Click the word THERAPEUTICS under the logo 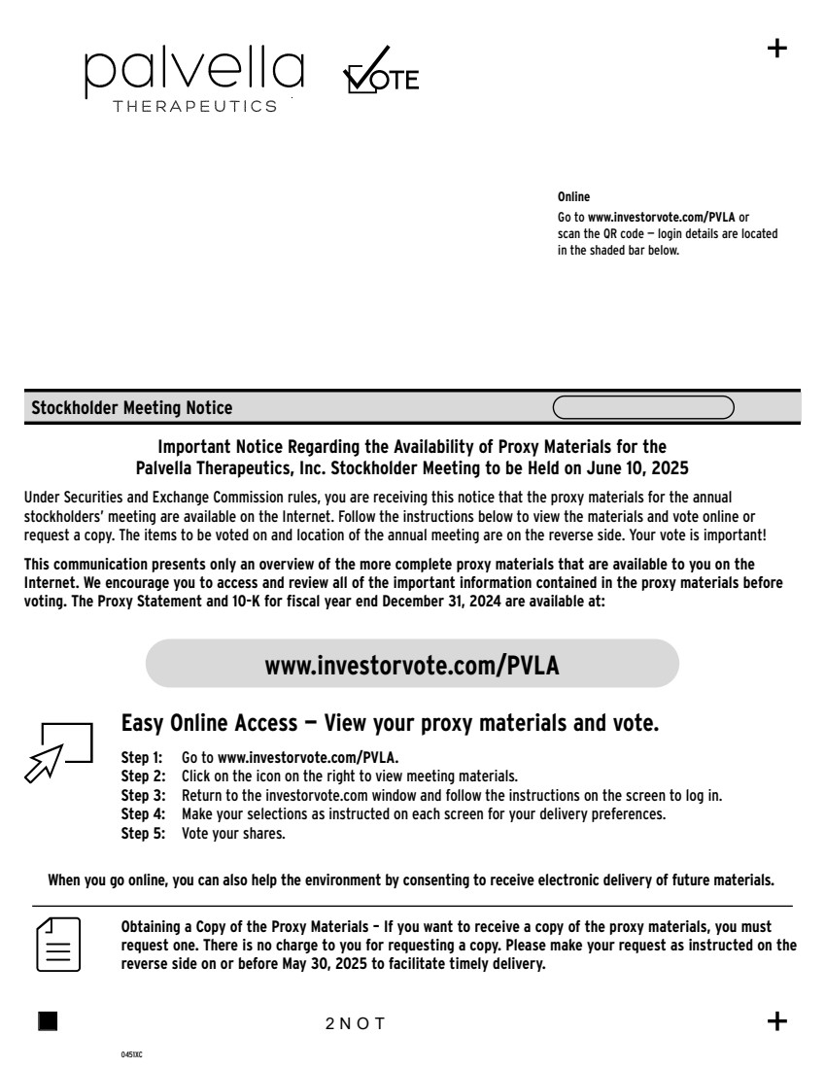point(195,107)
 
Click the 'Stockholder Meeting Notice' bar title point(132,408)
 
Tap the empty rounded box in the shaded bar point(643,407)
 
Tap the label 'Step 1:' point(142,756)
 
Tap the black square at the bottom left point(48,1020)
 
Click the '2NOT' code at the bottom point(356,1022)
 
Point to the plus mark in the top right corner point(777,49)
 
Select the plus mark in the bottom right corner point(777,1020)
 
